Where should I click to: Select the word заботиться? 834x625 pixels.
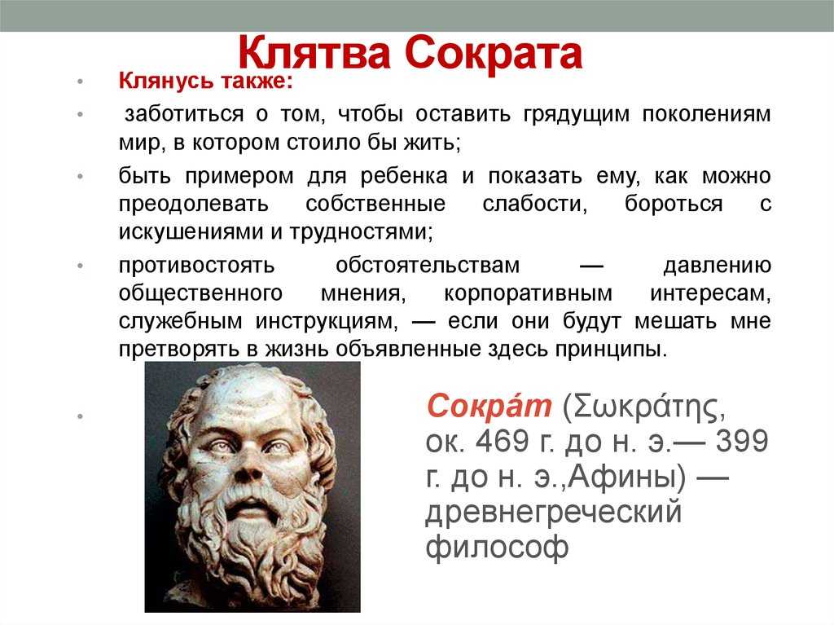pyautogui.click(x=184, y=114)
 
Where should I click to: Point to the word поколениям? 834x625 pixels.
pyautogui.click(x=706, y=114)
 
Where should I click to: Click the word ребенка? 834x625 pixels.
pyautogui.click(x=404, y=176)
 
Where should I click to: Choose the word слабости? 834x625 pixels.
pyautogui.click(x=534, y=204)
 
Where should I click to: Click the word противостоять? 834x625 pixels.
pyautogui.click(x=196, y=265)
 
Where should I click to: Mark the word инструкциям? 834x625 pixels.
pyautogui.click(x=326, y=322)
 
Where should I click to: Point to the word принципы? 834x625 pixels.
pyautogui.click(x=611, y=350)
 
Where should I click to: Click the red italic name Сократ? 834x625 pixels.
pyautogui.click(x=489, y=406)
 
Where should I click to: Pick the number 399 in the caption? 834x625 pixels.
pyautogui.click(x=742, y=442)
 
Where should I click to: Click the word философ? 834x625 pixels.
pyautogui.click(x=497, y=548)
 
